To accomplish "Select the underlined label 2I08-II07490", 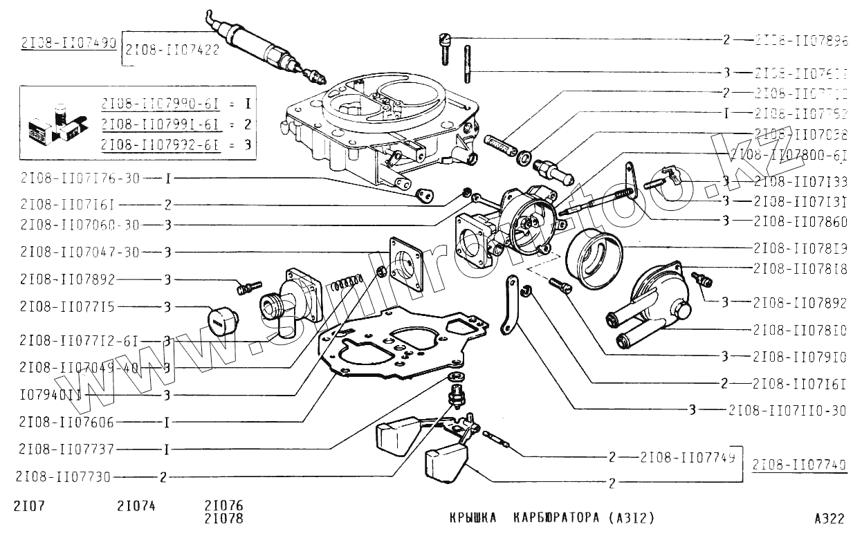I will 68,43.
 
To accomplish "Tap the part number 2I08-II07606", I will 67,422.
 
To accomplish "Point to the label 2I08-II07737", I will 67,449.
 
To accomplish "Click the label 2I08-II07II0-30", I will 787,410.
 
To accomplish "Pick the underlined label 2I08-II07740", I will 799,465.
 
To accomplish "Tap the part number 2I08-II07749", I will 687,457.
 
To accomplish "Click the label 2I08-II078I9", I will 800,247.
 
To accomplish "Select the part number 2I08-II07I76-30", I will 80,178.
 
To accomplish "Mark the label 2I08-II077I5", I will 67,306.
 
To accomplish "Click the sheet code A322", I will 829,518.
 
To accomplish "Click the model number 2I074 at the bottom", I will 136,505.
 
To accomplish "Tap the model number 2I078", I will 224,518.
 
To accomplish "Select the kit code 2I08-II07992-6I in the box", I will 161,145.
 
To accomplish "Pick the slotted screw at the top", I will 445,48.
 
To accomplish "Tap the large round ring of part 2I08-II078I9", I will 594,259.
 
